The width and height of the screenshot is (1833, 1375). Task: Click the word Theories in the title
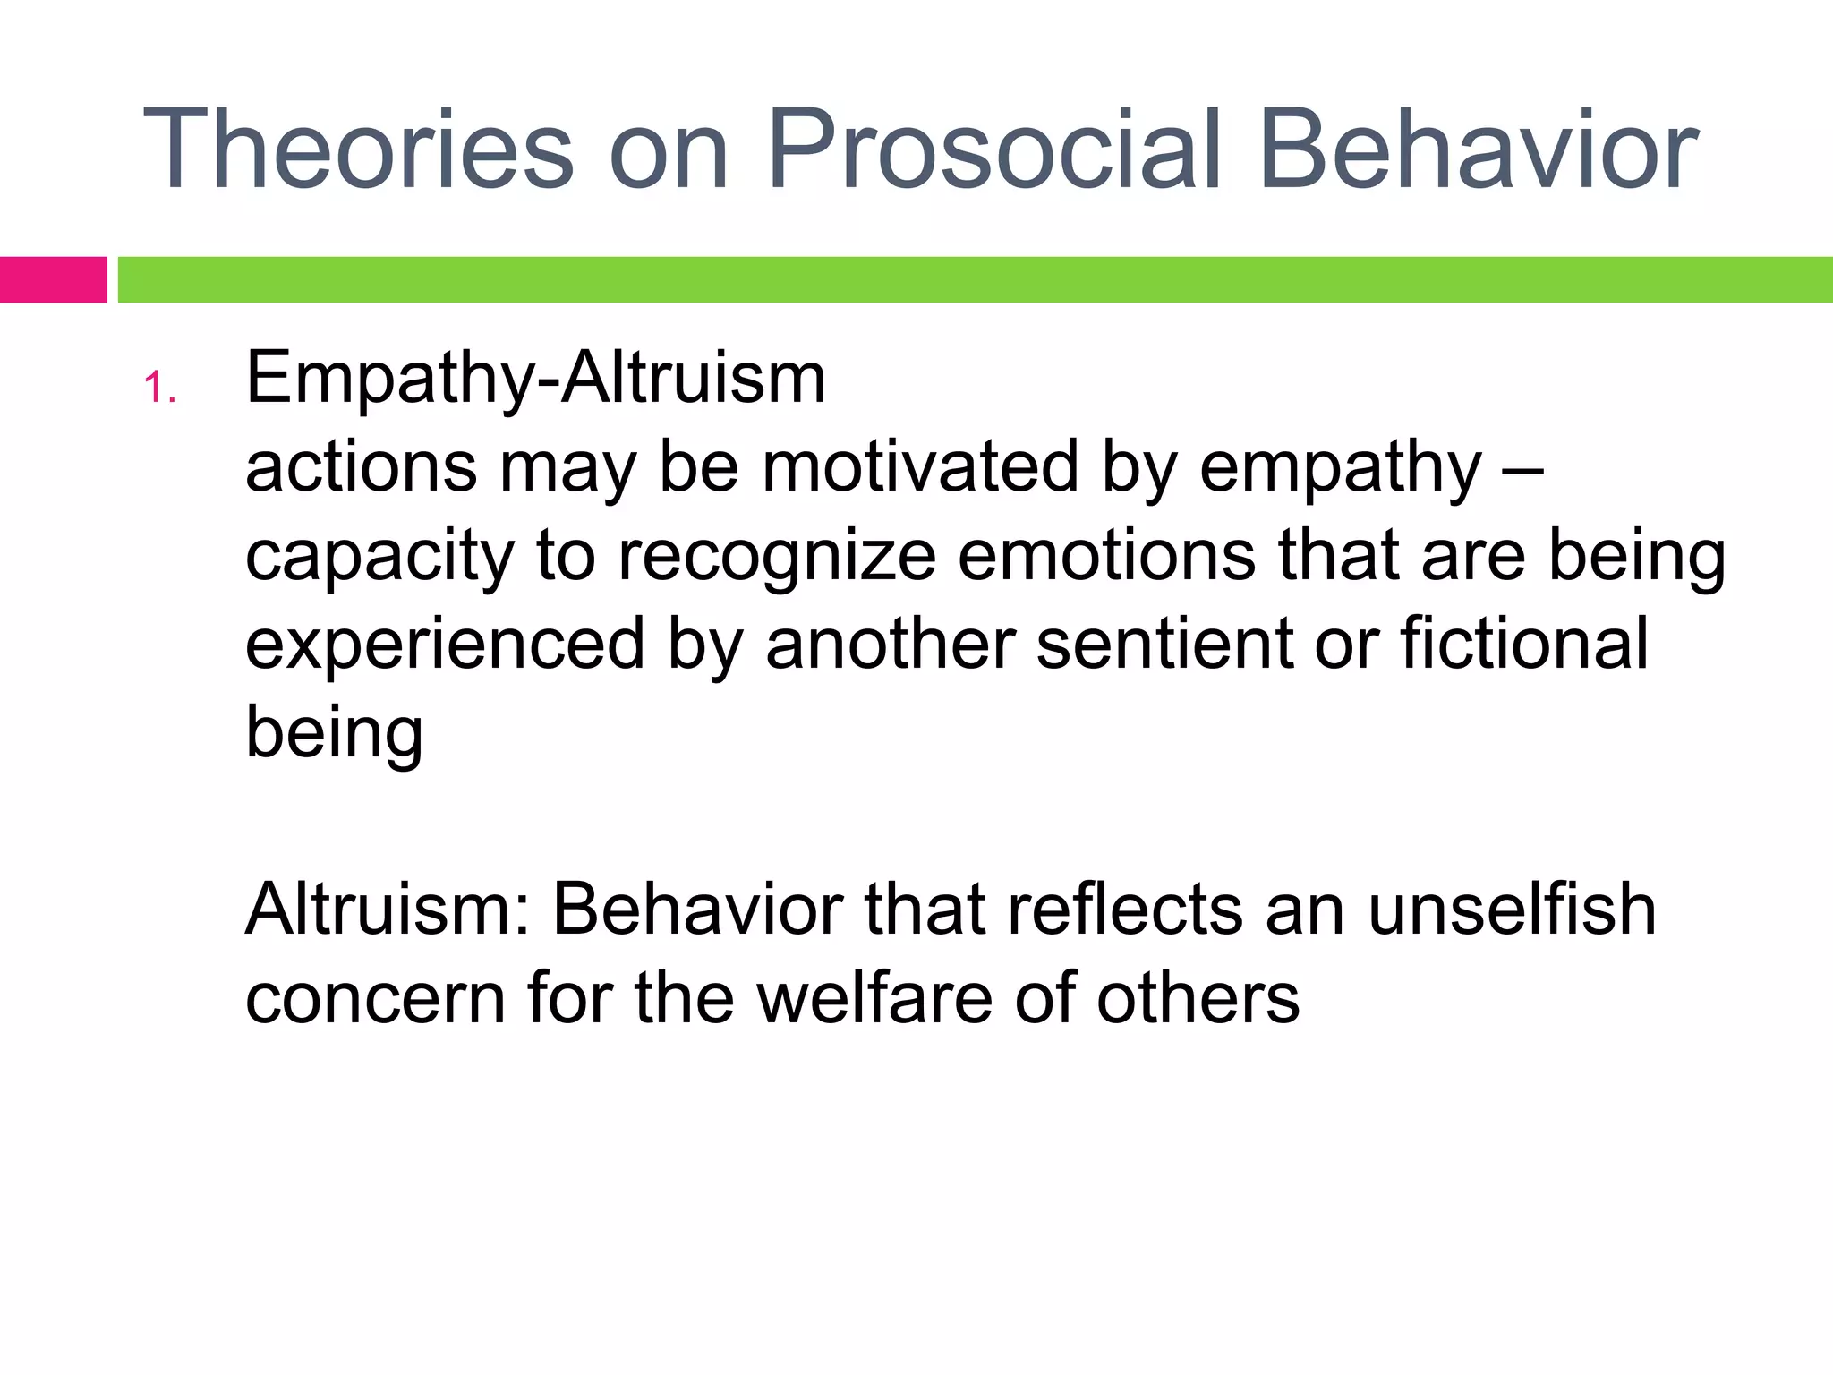[x=357, y=149]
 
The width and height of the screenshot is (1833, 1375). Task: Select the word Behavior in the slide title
[x=1478, y=149]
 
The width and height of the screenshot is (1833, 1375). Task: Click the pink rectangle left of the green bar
[x=53, y=279]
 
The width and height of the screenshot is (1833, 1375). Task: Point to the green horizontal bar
[x=975, y=279]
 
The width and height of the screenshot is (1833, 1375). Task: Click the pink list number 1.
[x=159, y=389]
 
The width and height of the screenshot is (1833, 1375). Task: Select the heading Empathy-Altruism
[x=535, y=378]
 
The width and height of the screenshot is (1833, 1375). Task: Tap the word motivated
[x=920, y=466]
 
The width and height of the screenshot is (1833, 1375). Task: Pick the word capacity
[x=379, y=557]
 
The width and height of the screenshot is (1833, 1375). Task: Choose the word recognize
[x=776, y=557]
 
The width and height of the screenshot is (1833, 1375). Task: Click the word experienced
[x=445, y=645]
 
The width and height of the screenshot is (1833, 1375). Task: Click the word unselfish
[x=1512, y=910]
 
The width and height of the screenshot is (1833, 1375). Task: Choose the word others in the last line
[x=1198, y=997]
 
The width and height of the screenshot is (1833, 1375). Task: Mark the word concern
[x=375, y=999]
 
